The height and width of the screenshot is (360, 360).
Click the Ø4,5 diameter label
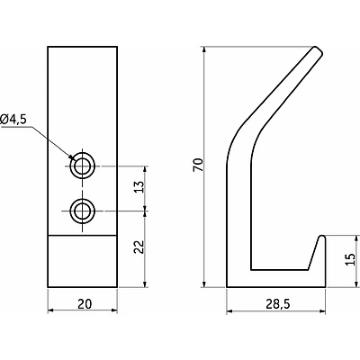click(x=13, y=120)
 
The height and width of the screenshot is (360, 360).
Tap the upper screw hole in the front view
click(x=82, y=166)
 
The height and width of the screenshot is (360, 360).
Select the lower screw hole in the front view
click(x=82, y=211)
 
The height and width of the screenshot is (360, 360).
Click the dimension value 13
click(x=139, y=187)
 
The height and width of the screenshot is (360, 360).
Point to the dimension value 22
click(x=139, y=247)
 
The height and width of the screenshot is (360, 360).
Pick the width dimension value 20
click(x=85, y=304)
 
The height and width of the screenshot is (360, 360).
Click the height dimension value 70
click(x=199, y=165)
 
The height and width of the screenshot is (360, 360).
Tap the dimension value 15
click(x=350, y=259)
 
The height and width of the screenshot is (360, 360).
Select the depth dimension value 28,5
click(x=278, y=304)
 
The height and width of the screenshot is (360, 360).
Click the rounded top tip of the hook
click(x=318, y=50)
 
